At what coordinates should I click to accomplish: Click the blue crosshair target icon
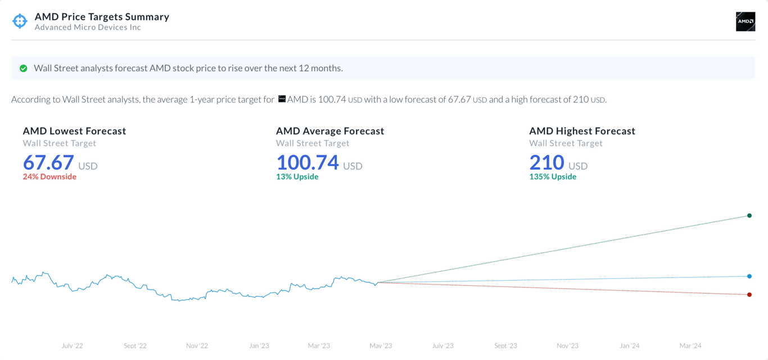(x=20, y=21)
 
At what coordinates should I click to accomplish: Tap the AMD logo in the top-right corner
(x=746, y=21)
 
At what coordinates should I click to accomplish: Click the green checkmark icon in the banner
(x=24, y=68)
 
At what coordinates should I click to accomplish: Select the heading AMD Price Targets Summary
(x=102, y=17)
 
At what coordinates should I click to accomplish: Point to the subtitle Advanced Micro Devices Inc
(x=88, y=27)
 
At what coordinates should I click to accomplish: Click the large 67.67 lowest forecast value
(x=48, y=163)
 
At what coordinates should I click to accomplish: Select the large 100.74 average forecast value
(x=308, y=163)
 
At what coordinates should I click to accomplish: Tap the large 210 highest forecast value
(x=546, y=163)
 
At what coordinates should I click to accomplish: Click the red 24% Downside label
(x=49, y=177)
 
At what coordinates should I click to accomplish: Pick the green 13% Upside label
(x=297, y=177)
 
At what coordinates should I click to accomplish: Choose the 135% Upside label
(x=553, y=177)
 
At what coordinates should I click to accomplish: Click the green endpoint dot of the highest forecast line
(x=749, y=215)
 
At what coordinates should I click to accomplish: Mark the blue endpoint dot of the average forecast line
(x=749, y=276)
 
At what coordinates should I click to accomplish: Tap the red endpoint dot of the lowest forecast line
(x=749, y=295)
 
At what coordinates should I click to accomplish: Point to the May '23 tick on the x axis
(x=381, y=345)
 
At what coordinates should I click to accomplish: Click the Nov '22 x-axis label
(x=197, y=345)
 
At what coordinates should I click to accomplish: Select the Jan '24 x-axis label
(x=629, y=345)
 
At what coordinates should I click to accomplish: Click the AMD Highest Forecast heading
(x=582, y=131)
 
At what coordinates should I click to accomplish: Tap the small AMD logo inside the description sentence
(x=282, y=99)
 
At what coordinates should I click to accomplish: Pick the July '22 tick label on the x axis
(x=72, y=345)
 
